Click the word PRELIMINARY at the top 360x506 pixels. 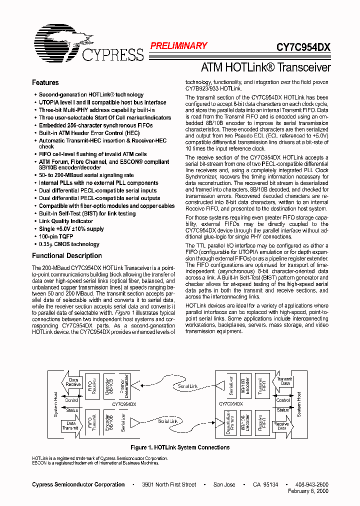178,46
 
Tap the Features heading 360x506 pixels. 45,82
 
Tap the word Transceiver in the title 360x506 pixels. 303,67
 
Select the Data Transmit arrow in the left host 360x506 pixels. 70,426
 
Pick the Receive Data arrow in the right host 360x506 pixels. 280,426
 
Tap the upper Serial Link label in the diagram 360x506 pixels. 187,386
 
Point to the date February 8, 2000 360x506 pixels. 308,491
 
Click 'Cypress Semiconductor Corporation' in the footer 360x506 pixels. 78,484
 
